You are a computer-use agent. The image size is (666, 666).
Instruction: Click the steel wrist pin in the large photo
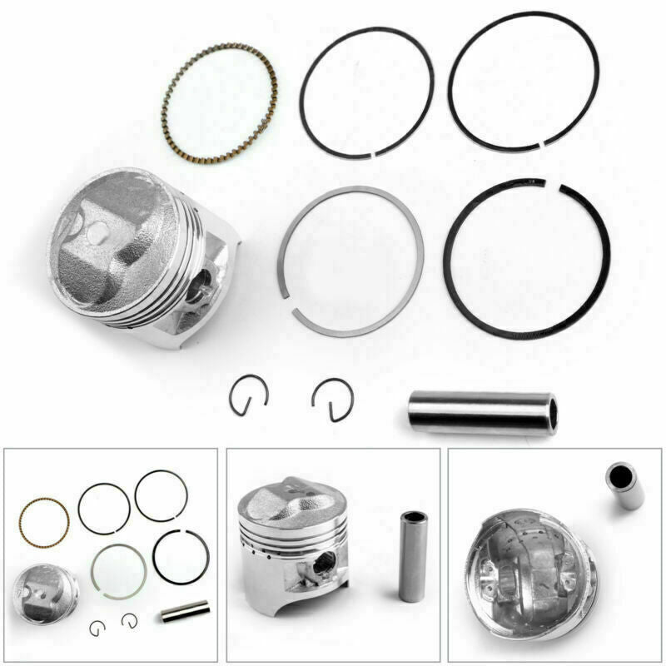[479, 413]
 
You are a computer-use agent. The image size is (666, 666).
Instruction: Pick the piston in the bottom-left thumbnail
[47, 590]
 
